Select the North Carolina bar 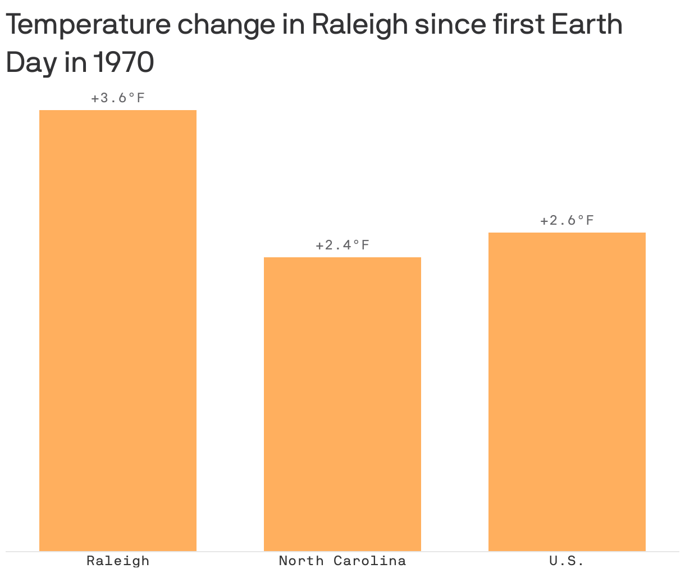click(x=342, y=404)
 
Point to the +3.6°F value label click(x=118, y=98)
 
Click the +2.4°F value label click(x=342, y=245)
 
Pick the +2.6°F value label click(x=567, y=220)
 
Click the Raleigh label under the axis click(x=118, y=561)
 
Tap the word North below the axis click(x=302, y=561)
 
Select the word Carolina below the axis click(x=369, y=561)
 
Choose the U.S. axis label click(x=567, y=561)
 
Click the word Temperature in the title click(x=87, y=25)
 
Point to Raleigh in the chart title click(x=359, y=25)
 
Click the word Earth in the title click(x=587, y=25)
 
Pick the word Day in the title click(x=31, y=63)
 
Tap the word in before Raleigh click(x=293, y=25)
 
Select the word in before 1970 click(x=75, y=63)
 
